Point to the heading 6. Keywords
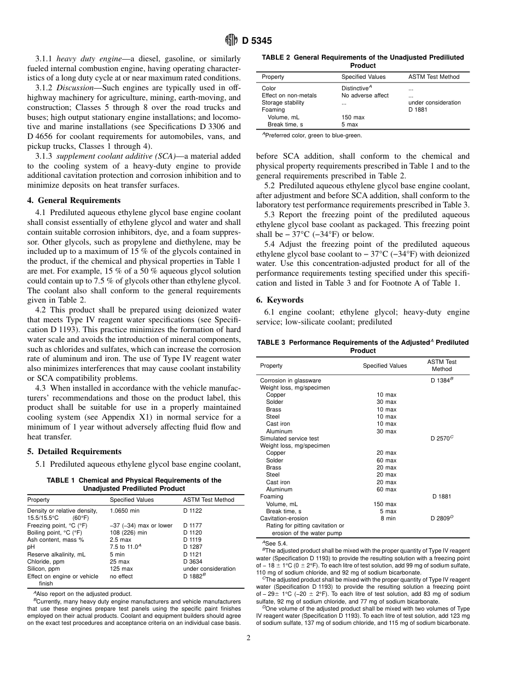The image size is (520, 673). click(280, 300)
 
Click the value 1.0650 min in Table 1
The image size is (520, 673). click(124, 510)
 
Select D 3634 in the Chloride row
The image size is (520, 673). click(193, 561)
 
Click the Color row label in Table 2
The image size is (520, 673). click(269, 88)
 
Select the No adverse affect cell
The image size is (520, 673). click(365, 95)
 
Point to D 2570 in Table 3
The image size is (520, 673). click(442, 438)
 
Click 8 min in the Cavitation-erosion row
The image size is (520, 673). click(388, 518)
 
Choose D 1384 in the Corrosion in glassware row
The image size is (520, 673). click(442, 380)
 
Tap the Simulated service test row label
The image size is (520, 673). click(289, 438)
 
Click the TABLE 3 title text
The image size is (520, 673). click(363, 346)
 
